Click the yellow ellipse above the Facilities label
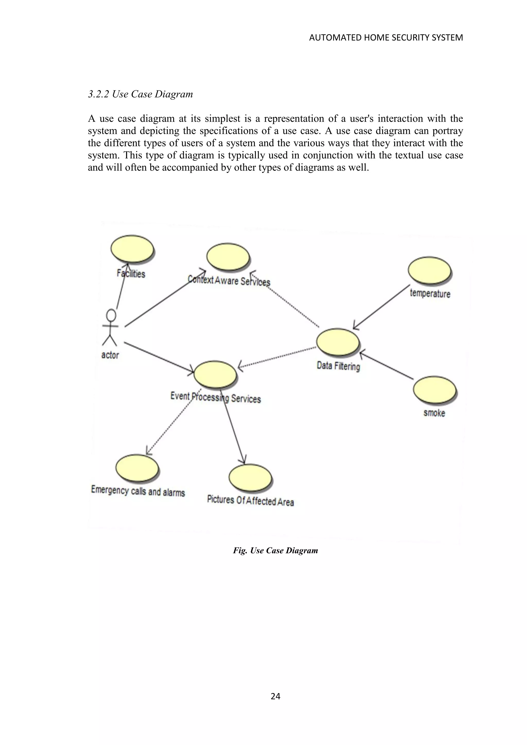point(132,249)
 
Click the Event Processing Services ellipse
point(215,374)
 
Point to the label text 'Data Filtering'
point(338,366)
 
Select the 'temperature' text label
point(430,293)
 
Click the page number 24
point(275,696)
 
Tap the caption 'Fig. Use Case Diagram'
point(275,550)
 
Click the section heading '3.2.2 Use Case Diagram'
point(140,94)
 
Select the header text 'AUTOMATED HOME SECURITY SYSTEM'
point(386,38)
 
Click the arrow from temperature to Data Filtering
point(382,307)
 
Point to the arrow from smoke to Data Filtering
point(386,365)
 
